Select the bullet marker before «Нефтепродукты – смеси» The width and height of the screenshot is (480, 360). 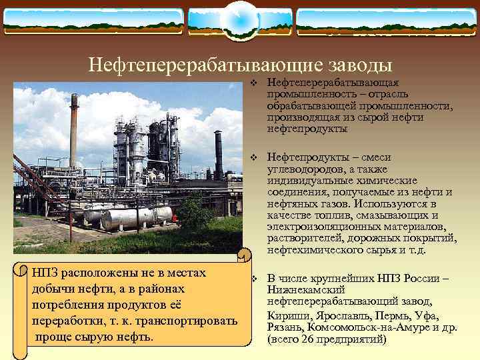click(253, 157)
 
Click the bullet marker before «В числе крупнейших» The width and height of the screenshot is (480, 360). click(253, 278)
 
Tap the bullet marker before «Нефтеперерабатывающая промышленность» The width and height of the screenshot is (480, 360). click(253, 83)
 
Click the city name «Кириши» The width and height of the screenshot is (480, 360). click(287, 315)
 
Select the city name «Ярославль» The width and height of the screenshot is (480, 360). click(339, 315)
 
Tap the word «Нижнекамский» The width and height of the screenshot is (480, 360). click(306, 290)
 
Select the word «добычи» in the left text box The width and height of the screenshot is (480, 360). click(51, 289)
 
